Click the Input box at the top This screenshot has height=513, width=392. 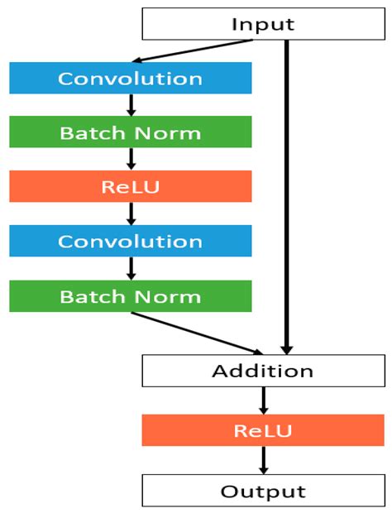pyautogui.click(x=263, y=24)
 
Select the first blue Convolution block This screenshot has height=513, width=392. pyautogui.click(x=130, y=79)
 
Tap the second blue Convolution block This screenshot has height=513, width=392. pyautogui.click(x=130, y=242)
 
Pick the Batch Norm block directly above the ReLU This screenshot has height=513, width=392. pyautogui.click(x=130, y=132)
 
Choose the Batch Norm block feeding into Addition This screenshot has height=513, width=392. pyautogui.click(x=130, y=296)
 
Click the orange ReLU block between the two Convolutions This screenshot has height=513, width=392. pyautogui.click(x=130, y=187)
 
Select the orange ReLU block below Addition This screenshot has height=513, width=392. pyautogui.click(x=263, y=430)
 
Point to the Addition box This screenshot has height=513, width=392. pyautogui.click(x=263, y=371)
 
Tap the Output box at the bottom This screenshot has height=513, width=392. pyautogui.click(x=263, y=491)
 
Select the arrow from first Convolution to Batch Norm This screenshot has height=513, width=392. pyautogui.click(x=131, y=105)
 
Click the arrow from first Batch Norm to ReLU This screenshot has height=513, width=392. pyautogui.click(x=131, y=160)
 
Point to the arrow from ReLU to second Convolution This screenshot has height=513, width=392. pyautogui.click(x=131, y=213)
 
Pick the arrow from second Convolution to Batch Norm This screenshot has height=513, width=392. pyautogui.click(x=131, y=268)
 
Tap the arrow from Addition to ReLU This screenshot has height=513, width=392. pyautogui.click(x=263, y=400)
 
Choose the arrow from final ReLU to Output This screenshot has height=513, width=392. pyautogui.click(x=263, y=460)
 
